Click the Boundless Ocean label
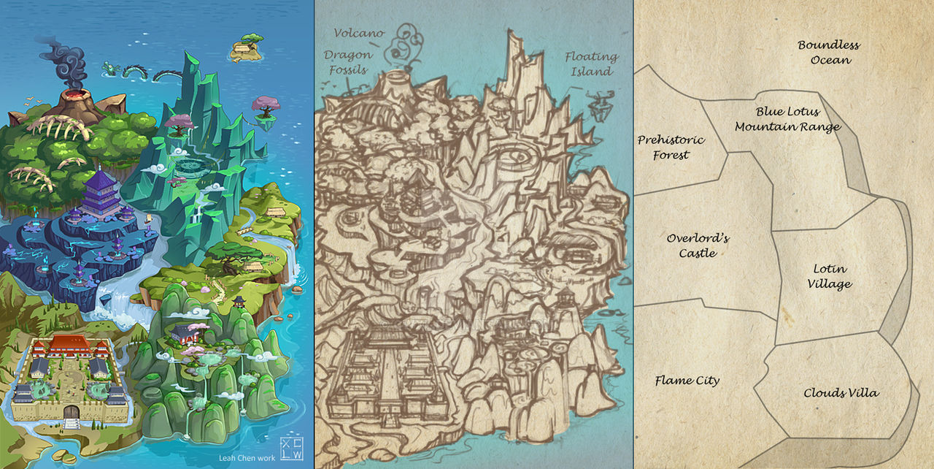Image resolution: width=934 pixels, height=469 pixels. coord(829,53)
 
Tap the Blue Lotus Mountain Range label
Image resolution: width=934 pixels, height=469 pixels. coord(787,119)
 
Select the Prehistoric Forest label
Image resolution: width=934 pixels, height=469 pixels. coord(671,147)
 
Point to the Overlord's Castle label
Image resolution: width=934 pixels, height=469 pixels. coord(698,245)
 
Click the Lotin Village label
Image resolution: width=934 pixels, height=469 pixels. coord(830,277)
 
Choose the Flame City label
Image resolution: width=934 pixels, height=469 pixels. coord(687,381)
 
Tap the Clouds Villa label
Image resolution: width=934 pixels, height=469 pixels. coord(841,393)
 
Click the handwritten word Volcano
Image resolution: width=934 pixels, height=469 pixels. coord(359,33)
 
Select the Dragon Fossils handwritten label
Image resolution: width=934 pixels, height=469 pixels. coord(348,62)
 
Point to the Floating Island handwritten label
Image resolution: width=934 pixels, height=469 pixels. coord(591,64)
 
